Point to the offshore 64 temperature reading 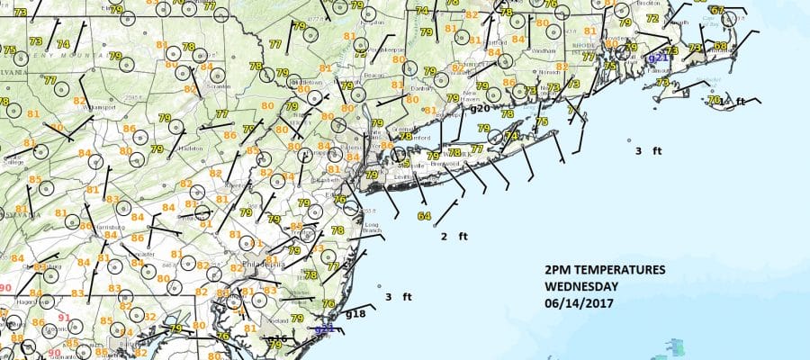click(424, 216)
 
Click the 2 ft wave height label click(454, 237)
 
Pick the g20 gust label click(480, 108)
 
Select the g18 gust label click(355, 314)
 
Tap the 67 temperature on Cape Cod click(716, 11)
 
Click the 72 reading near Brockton click(652, 18)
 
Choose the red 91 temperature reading click(64, 318)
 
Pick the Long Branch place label click(372, 226)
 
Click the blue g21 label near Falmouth click(658, 58)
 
